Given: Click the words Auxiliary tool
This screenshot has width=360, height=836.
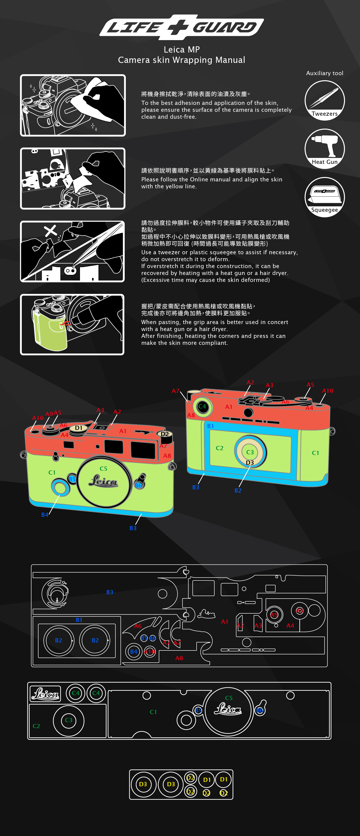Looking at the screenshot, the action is coord(324,73).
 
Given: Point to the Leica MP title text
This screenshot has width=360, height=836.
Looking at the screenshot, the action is coord(181,50).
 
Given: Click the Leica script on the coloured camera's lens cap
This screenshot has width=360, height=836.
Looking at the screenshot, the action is coord(103,481).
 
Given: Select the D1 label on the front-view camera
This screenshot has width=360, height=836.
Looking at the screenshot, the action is coord(79,428).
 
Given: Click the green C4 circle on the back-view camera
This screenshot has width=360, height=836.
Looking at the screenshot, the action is coord(202,406).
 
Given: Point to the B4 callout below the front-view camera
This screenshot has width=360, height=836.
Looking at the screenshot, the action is coord(45,515).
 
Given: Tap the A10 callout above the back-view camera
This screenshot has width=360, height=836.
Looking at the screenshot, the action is coord(327,391).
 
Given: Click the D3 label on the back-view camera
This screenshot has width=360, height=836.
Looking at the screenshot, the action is coord(250,462).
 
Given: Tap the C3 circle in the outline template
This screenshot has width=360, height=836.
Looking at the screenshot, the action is coord(68,720).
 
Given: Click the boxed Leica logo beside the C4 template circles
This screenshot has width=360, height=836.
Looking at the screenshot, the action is coord(45,694).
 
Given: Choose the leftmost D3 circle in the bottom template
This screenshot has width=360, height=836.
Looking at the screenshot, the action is coord(143,784).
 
